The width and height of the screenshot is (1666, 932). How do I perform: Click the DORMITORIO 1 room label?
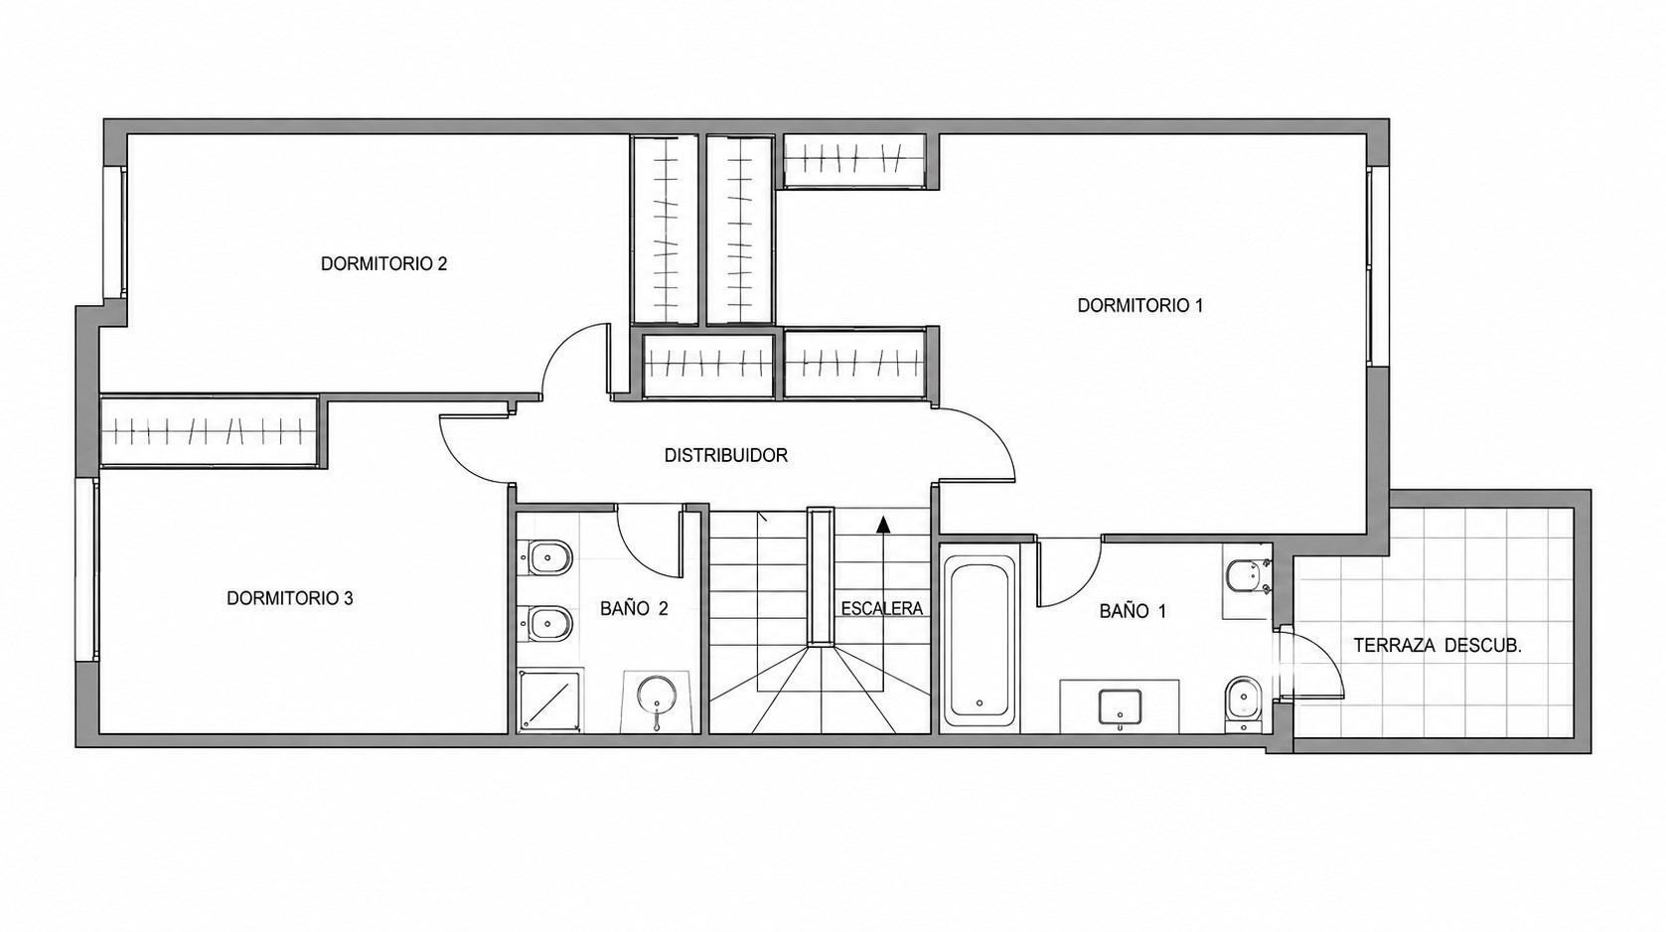tap(1139, 306)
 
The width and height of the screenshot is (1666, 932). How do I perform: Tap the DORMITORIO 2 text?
tap(383, 264)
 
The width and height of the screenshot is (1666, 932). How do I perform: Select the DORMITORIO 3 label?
tap(290, 598)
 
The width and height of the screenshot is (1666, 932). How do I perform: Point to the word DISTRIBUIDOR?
tap(726, 455)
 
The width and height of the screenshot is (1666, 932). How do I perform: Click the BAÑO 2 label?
tap(634, 608)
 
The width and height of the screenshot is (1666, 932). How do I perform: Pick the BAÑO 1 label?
tap(1132, 611)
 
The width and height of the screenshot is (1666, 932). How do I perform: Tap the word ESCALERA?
tap(882, 608)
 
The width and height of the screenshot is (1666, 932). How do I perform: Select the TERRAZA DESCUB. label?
tap(1437, 646)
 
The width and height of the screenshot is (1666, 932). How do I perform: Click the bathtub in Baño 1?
tap(979, 640)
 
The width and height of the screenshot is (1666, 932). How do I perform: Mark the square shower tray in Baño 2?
tap(551, 699)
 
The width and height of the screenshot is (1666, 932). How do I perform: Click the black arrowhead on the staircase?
tap(883, 525)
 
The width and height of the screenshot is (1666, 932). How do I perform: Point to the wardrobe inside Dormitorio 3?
tap(211, 432)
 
